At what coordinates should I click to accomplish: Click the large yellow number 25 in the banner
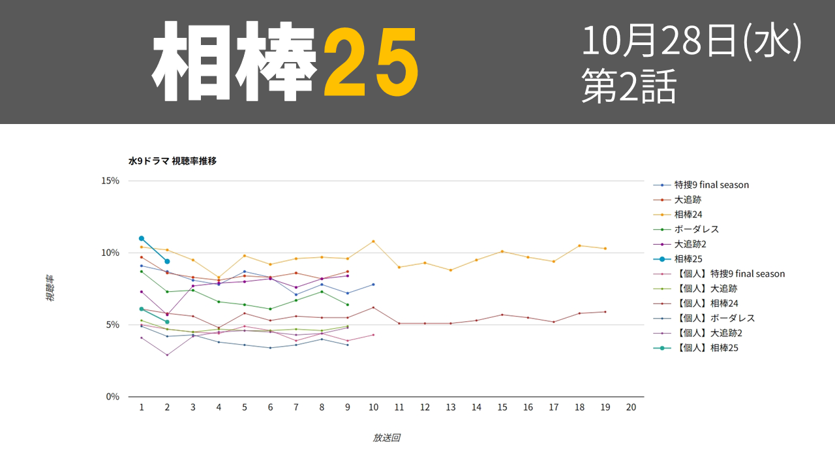371,62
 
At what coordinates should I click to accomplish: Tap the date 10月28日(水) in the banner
691,40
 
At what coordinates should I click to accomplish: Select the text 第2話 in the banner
629,86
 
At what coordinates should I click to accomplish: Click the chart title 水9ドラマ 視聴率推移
172,161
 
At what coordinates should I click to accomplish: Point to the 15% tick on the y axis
110,181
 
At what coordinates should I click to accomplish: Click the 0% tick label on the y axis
113,396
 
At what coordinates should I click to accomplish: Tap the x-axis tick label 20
631,407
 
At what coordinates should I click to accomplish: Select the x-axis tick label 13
451,407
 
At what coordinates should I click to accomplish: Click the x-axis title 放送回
387,437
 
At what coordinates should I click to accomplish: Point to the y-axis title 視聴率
50,289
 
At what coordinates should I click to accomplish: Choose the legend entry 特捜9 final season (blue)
701,185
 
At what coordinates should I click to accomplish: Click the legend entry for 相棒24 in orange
678,215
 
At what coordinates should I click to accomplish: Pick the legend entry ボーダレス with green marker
686,229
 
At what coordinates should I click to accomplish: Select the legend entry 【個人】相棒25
695,348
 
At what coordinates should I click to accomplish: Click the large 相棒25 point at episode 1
142,238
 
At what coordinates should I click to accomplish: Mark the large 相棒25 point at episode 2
167,262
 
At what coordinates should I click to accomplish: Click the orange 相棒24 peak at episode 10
373,242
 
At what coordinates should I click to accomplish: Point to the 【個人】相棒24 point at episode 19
605,312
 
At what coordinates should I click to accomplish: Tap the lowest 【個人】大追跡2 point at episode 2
167,354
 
